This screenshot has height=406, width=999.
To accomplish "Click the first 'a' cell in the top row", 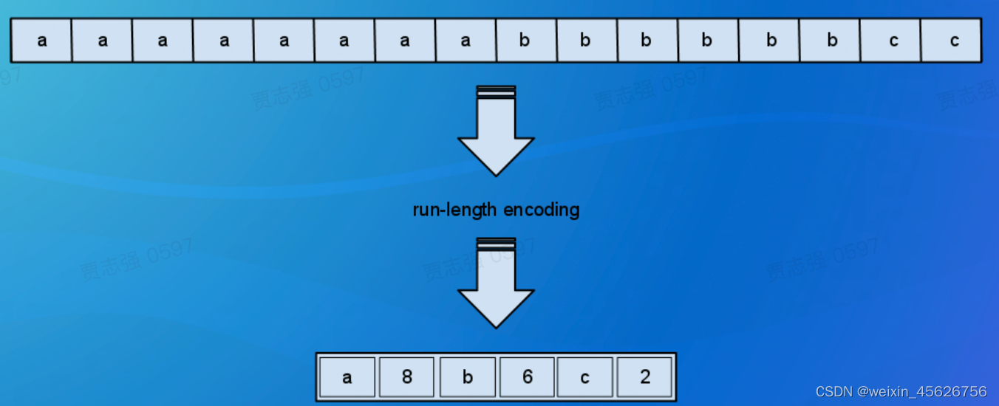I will click(42, 41).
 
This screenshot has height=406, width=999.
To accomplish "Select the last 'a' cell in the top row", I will click(466, 41).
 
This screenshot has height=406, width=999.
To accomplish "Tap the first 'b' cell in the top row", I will click(525, 41).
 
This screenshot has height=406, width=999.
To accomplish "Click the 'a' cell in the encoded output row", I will click(347, 377).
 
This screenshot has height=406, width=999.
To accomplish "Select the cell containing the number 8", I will click(407, 377).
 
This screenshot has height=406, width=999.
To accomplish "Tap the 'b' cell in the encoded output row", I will click(467, 377).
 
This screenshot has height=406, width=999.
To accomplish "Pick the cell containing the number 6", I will click(527, 377).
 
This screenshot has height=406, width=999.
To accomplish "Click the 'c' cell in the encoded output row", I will click(585, 377).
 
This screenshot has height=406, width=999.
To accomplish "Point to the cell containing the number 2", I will click(645, 377).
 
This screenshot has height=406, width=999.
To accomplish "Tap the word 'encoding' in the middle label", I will click(541, 210).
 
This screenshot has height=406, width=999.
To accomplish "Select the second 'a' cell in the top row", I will click(103, 41).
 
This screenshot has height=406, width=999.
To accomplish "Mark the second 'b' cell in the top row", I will click(586, 41).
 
